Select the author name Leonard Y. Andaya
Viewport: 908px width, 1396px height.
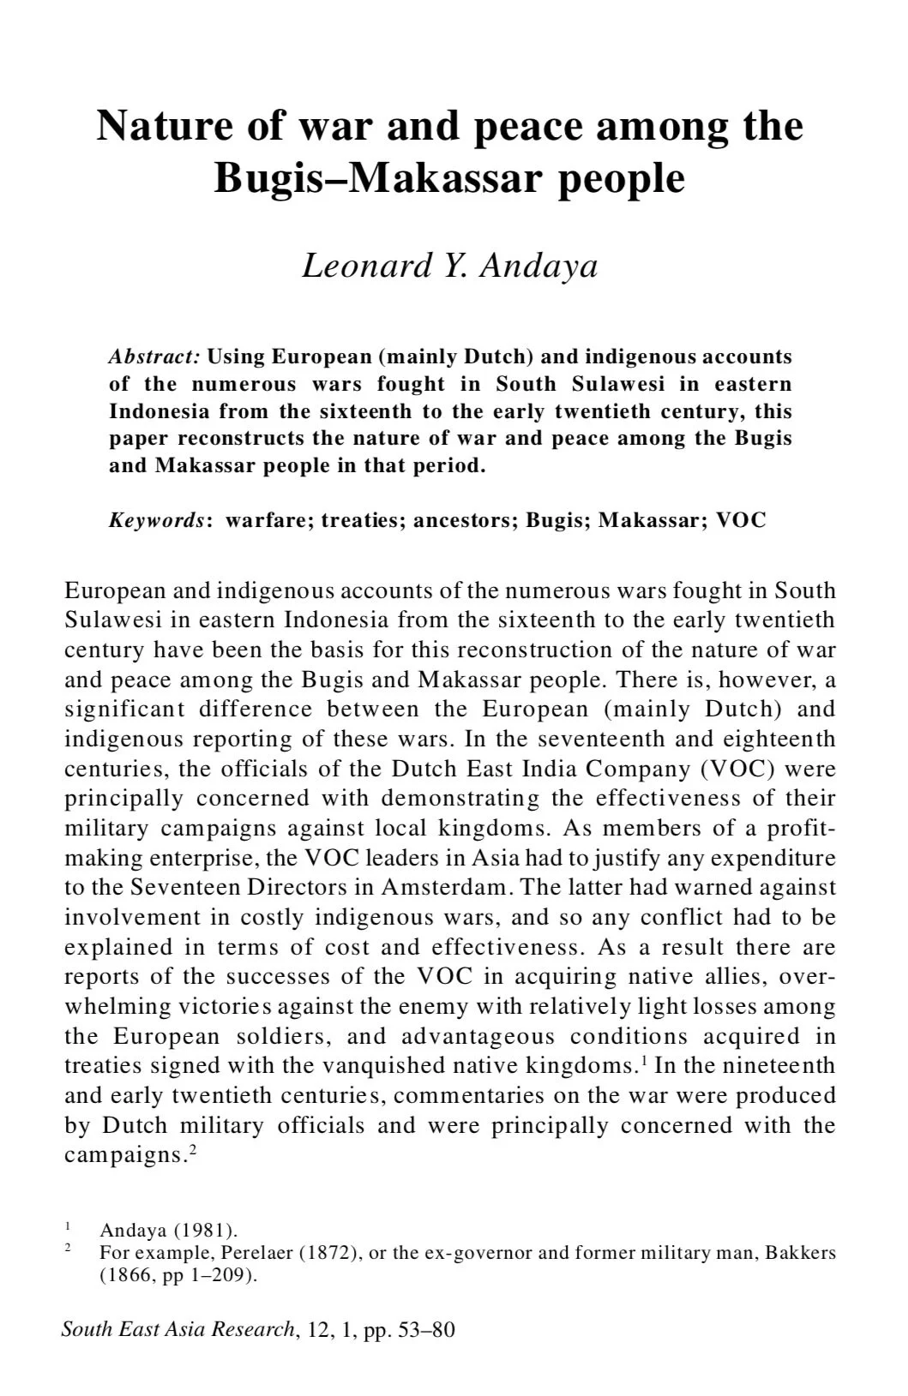[x=449, y=266]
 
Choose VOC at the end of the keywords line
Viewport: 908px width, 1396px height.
[x=741, y=520]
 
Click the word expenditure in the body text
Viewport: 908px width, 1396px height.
[x=772, y=858]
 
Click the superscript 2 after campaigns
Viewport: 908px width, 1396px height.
[x=193, y=1149]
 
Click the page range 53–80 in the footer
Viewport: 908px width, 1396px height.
[x=427, y=1330]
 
